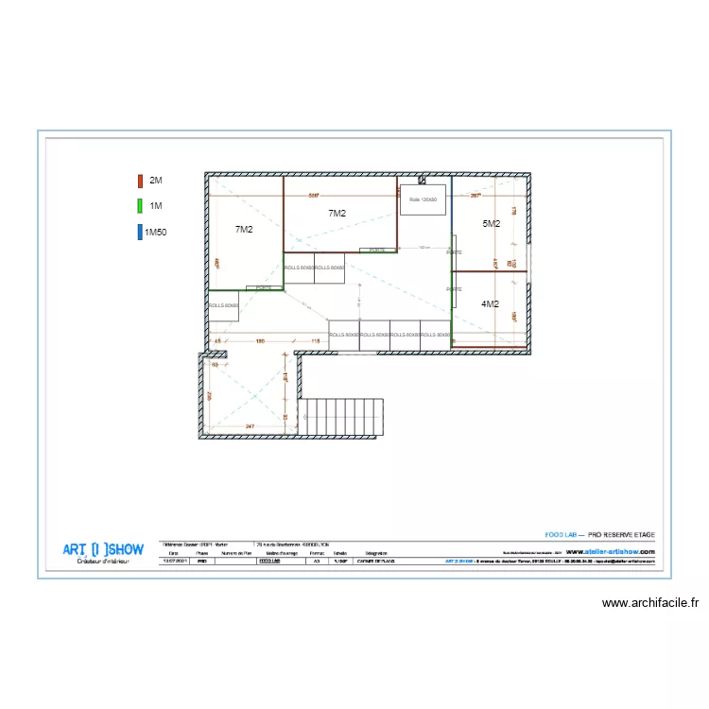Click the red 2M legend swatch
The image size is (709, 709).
pos(140,180)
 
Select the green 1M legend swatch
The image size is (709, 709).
pos(140,205)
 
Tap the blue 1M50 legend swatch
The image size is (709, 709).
pos(140,231)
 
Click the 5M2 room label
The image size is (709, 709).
pos(491,224)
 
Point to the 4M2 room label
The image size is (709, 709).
pos(490,304)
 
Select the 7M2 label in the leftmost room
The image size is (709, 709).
pos(244,230)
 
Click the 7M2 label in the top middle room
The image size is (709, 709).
pos(337,214)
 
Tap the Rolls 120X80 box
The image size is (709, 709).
pos(423,199)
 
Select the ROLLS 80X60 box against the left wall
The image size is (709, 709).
pos(223,305)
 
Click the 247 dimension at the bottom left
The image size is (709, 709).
pos(250,427)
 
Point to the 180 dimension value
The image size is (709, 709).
pos(260,340)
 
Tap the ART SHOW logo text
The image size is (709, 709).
pos(103,549)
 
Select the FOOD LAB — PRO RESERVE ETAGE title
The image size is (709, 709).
pos(600,535)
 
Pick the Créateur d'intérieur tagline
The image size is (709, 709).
pos(103,562)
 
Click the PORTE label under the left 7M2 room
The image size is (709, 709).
pos(264,287)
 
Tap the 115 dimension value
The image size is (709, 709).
pos(315,340)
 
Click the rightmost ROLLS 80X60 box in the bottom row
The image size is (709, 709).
pos(435,335)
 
